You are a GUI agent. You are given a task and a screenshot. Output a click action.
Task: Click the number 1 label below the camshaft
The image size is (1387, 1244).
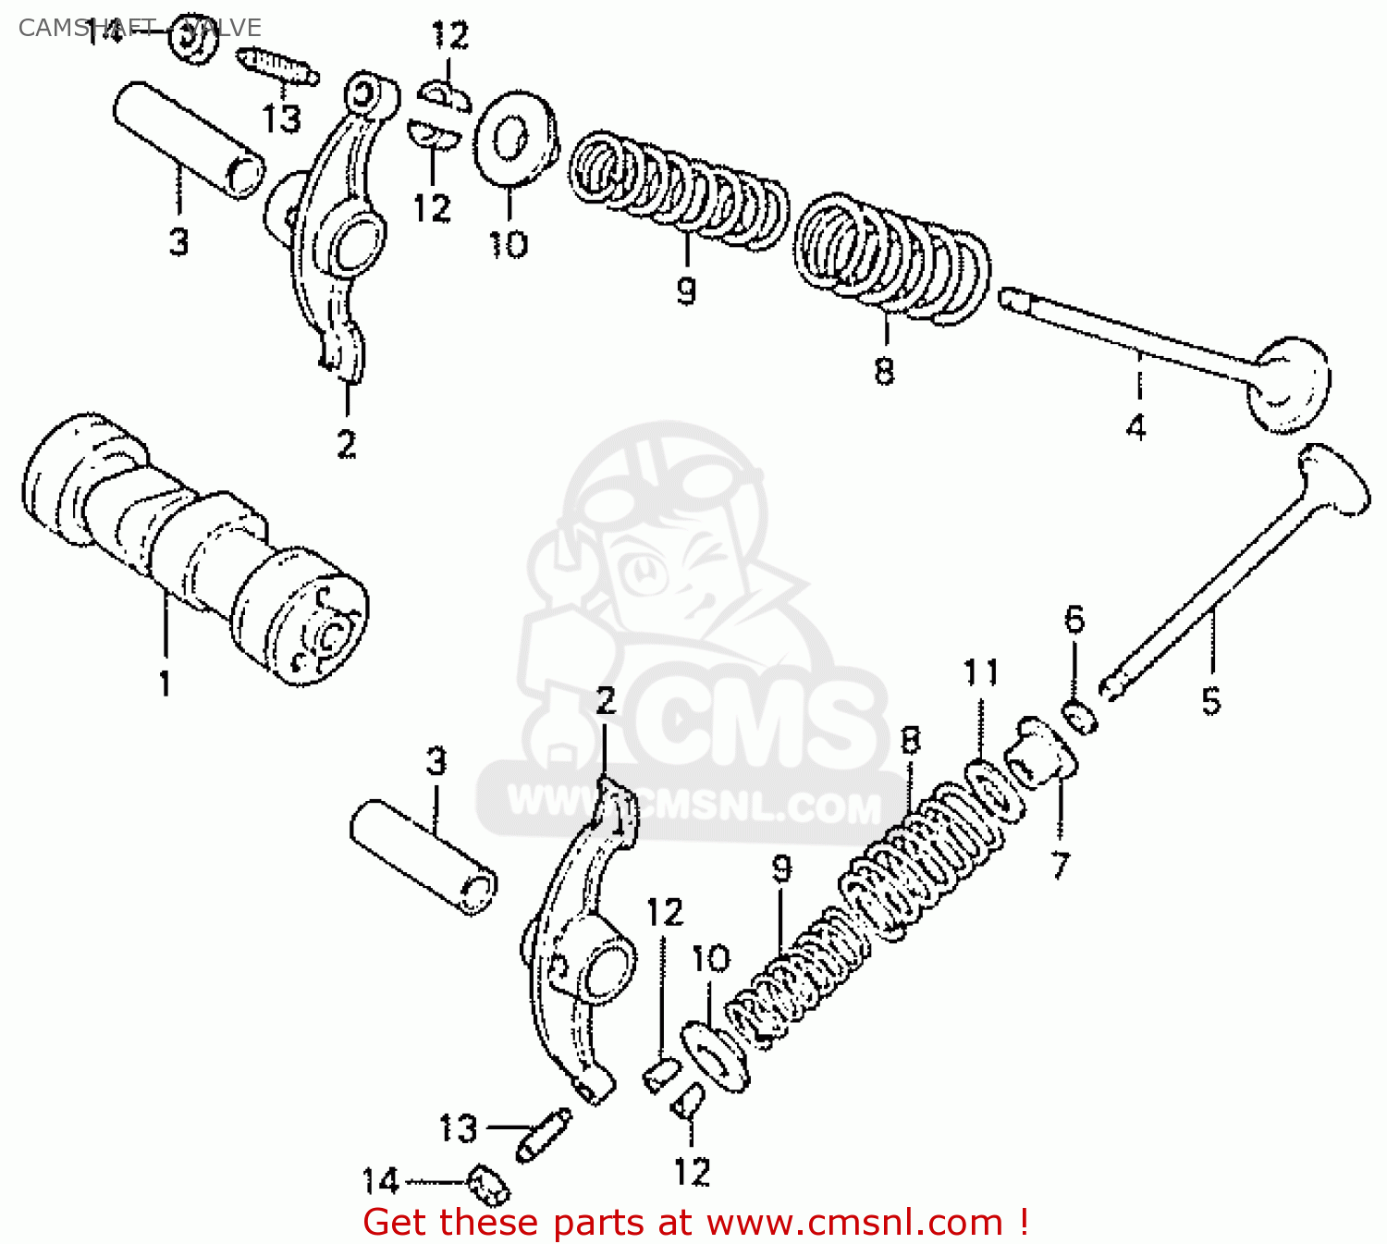click(x=165, y=684)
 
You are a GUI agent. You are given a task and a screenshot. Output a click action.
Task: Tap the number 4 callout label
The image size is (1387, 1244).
click(x=1136, y=427)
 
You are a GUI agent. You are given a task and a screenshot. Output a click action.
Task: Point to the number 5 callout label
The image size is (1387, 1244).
click(x=1211, y=700)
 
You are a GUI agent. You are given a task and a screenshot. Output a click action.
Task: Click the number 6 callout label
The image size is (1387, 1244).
click(x=1074, y=619)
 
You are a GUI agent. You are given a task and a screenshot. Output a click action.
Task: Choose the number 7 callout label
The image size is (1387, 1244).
click(x=1060, y=865)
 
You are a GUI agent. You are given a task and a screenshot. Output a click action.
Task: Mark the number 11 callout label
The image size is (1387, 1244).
click(x=981, y=672)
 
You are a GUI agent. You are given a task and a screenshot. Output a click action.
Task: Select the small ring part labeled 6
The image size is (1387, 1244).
click(x=1078, y=717)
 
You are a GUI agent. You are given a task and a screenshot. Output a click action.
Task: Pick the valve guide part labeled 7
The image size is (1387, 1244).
click(x=1041, y=755)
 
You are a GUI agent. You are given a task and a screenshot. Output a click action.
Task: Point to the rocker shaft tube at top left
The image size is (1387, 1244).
click(x=188, y=139)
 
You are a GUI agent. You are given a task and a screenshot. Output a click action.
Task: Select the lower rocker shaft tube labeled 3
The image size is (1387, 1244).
click(x=423, y=856)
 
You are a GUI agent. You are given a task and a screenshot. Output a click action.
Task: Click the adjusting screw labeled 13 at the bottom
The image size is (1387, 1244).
click(x=543, y=1134)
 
